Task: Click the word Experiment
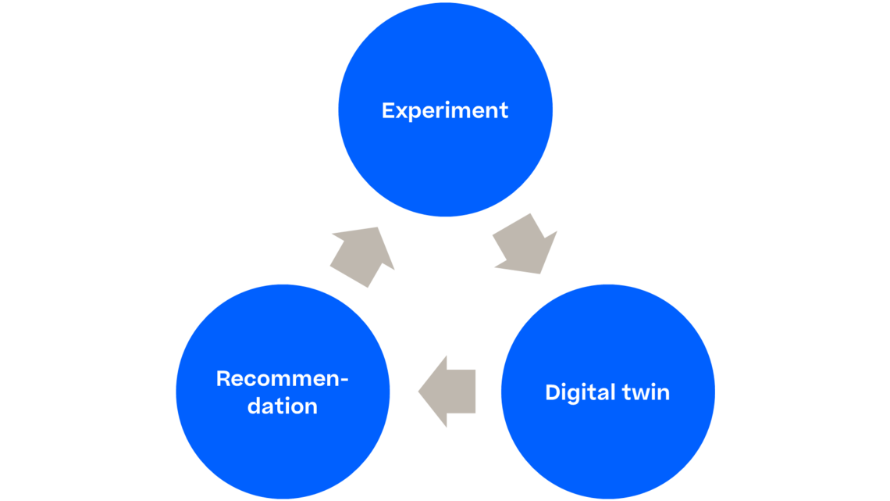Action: [445, 110]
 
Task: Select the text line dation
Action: [282, 406]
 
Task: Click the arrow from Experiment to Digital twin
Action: [525, 244]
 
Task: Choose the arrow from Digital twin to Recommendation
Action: [449, 391]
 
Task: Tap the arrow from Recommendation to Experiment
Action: [361, 256]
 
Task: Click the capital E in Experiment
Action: [388, 110]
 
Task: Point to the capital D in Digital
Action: [551, 392]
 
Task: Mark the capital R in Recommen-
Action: [222, 379]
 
